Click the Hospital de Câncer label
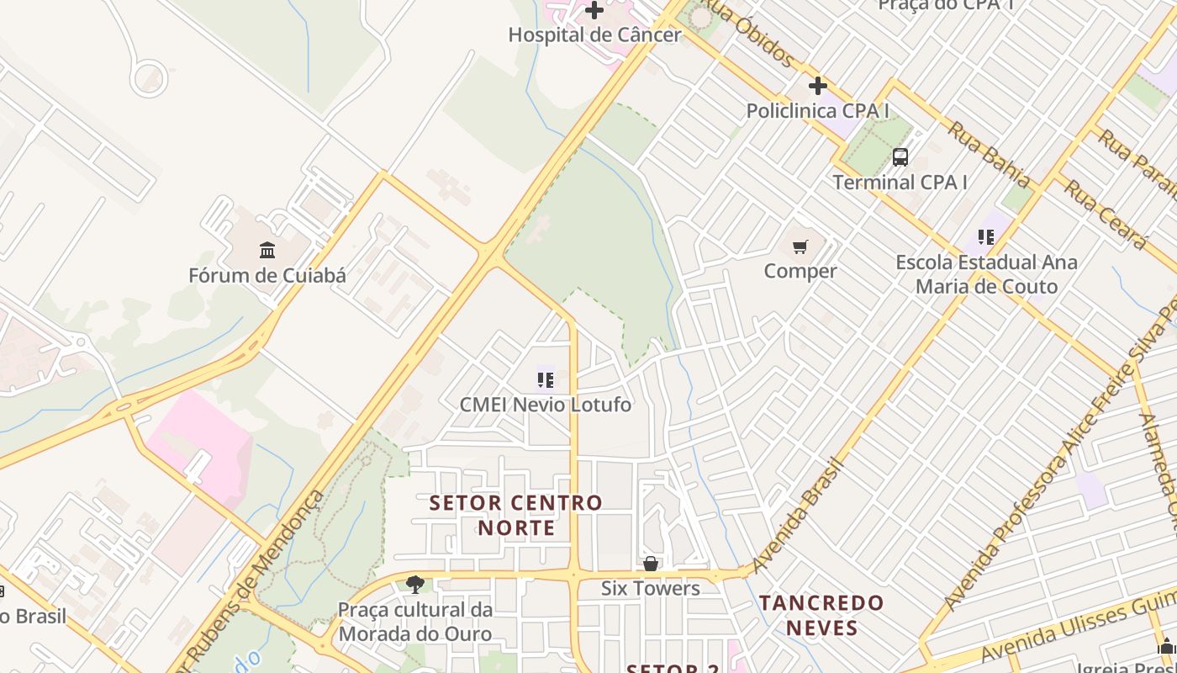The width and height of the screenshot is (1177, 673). click(x=594, y=35)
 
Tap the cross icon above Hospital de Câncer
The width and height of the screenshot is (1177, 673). click(x=594, y=11)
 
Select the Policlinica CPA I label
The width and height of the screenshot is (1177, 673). click(x=817, y=111)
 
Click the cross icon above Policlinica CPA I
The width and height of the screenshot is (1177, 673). click(x=817, y=86)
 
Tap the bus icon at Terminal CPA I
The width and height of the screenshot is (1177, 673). click(x=900, y=157)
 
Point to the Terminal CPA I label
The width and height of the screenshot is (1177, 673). click(x=900, y=182)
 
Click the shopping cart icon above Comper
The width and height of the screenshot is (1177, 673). click(x=800, y=247)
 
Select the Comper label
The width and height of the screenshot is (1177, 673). click(x=800, y=271)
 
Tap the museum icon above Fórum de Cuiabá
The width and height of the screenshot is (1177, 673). click(x=267, y=251)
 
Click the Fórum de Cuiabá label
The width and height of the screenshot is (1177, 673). click(x=267, y=275)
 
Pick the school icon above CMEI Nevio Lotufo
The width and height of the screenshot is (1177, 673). click(x=545, y=380)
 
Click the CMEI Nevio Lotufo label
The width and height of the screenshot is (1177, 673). click(x=545, y=405)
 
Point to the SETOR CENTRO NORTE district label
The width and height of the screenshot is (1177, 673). click(x=516, y=515)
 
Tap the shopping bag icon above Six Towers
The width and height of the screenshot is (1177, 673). click(x=650, y=564)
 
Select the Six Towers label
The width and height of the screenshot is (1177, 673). click(x=650, y=588)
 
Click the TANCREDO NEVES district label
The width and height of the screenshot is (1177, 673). click(x=821, y=615)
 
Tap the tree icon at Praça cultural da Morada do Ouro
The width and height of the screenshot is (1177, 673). click(x=414, y=585)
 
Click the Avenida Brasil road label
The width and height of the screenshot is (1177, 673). click(x=798, y=515)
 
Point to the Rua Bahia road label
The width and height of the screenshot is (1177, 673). click(x=989, y=154)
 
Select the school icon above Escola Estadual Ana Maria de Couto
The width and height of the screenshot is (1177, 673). click(x=986, y=238)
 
